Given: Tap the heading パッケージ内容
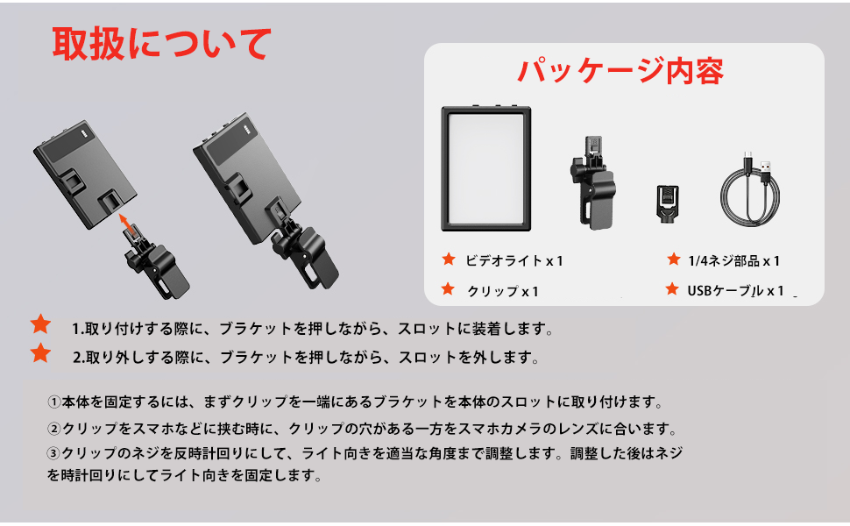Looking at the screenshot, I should (x=620, y=70).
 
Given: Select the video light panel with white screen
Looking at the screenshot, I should (x=486, y=168).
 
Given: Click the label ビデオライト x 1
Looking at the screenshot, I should (x=514, y=260).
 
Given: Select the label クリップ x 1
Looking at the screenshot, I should (x=503, y=290).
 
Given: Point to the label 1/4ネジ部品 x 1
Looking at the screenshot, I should (x=733, y=260).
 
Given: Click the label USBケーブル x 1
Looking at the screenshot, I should (x=735, y=290).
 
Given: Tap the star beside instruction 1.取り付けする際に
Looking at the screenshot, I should (x=40, y=326).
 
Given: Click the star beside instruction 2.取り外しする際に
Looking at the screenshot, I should (x=40, y=355).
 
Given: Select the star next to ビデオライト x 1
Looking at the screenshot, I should (x=449, y=259).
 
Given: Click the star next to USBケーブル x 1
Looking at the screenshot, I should (x=673, y=289).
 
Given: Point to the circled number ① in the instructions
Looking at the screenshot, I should (x=54, y=402).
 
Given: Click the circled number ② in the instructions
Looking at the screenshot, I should (x=54, y=430).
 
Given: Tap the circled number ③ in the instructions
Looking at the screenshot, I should (x=54, y=454).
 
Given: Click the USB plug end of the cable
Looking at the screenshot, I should (x=765, y=166).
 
